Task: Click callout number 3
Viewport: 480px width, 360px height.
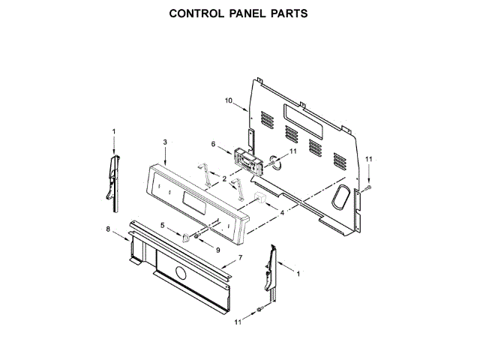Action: [x=163, y=142]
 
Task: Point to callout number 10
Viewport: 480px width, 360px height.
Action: [x=229, y=99]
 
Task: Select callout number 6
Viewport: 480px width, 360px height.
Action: [x=213, y=144]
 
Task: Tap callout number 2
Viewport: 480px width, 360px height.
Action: [x=224, y=178]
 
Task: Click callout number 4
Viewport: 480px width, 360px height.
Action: [x=281, y=213]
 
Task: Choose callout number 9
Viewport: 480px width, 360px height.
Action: [x=218, y=250]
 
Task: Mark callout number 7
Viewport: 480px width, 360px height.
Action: [x=240, y=258]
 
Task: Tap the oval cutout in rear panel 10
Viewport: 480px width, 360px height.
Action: [x=338, y=197]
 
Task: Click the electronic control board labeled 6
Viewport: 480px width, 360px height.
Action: [x=244, y=160]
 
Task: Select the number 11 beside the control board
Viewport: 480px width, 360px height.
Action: [x=293, y=151]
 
